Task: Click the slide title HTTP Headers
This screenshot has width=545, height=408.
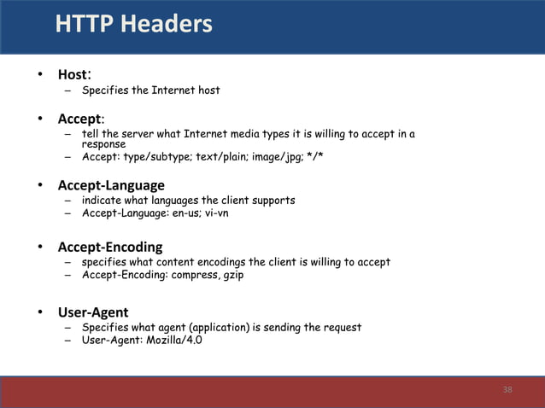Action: click(x=133, y=25)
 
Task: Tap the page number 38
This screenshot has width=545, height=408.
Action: click(x=507, y=390)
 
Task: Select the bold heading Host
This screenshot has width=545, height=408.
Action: click(x=72, y=75)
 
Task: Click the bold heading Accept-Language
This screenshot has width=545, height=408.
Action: click(x=111, y=185)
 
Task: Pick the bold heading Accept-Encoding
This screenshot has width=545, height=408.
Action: click(x=110, y=247)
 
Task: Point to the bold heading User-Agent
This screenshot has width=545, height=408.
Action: click(x=93, y=312)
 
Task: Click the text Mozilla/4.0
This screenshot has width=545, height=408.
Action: click(x=174, y=341)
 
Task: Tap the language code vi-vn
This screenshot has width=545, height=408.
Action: click(x=213, y=213)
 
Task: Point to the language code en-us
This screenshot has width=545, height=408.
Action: click(x=177, y=213)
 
